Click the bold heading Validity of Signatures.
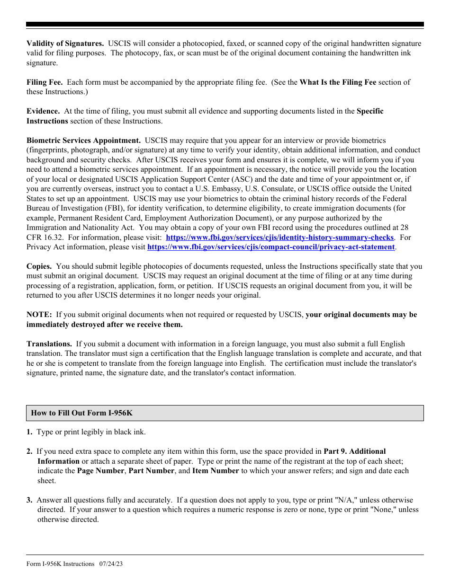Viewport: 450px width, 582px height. (65, 44)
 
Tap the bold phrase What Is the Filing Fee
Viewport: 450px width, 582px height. (338, 82)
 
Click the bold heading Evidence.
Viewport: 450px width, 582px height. (43, 111)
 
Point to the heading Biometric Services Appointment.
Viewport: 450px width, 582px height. (83, 141)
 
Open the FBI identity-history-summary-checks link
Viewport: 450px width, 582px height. (279, 238)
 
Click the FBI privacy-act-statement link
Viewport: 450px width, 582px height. (271, 247)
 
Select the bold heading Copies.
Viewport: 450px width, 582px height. (39, 266)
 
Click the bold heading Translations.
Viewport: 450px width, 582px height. (49, 344)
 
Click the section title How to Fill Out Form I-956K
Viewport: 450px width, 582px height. (82, 413)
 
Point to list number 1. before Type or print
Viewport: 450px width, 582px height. (29, 432)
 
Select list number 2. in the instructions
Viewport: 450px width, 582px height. (29, 451)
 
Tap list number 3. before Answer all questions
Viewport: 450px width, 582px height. (29, 500)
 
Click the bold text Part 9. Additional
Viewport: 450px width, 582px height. (354, 451)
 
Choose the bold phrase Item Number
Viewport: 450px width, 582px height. (216, 471)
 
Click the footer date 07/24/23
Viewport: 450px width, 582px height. (111, 564)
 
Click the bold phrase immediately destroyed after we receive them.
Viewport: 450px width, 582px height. (104, 325)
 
